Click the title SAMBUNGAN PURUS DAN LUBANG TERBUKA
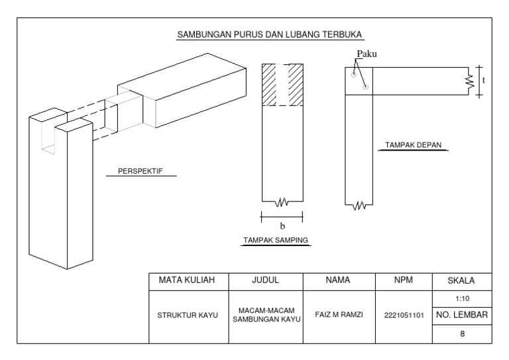coord(270,34)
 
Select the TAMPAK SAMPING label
coord(276,239)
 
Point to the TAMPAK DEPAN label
coord(414,144)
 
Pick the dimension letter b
coord(282,226)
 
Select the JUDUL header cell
coord(265,280)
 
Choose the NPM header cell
coord(403,280)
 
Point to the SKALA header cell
coord(462,280)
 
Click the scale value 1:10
coord(462,298)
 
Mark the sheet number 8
coord(462,333)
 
